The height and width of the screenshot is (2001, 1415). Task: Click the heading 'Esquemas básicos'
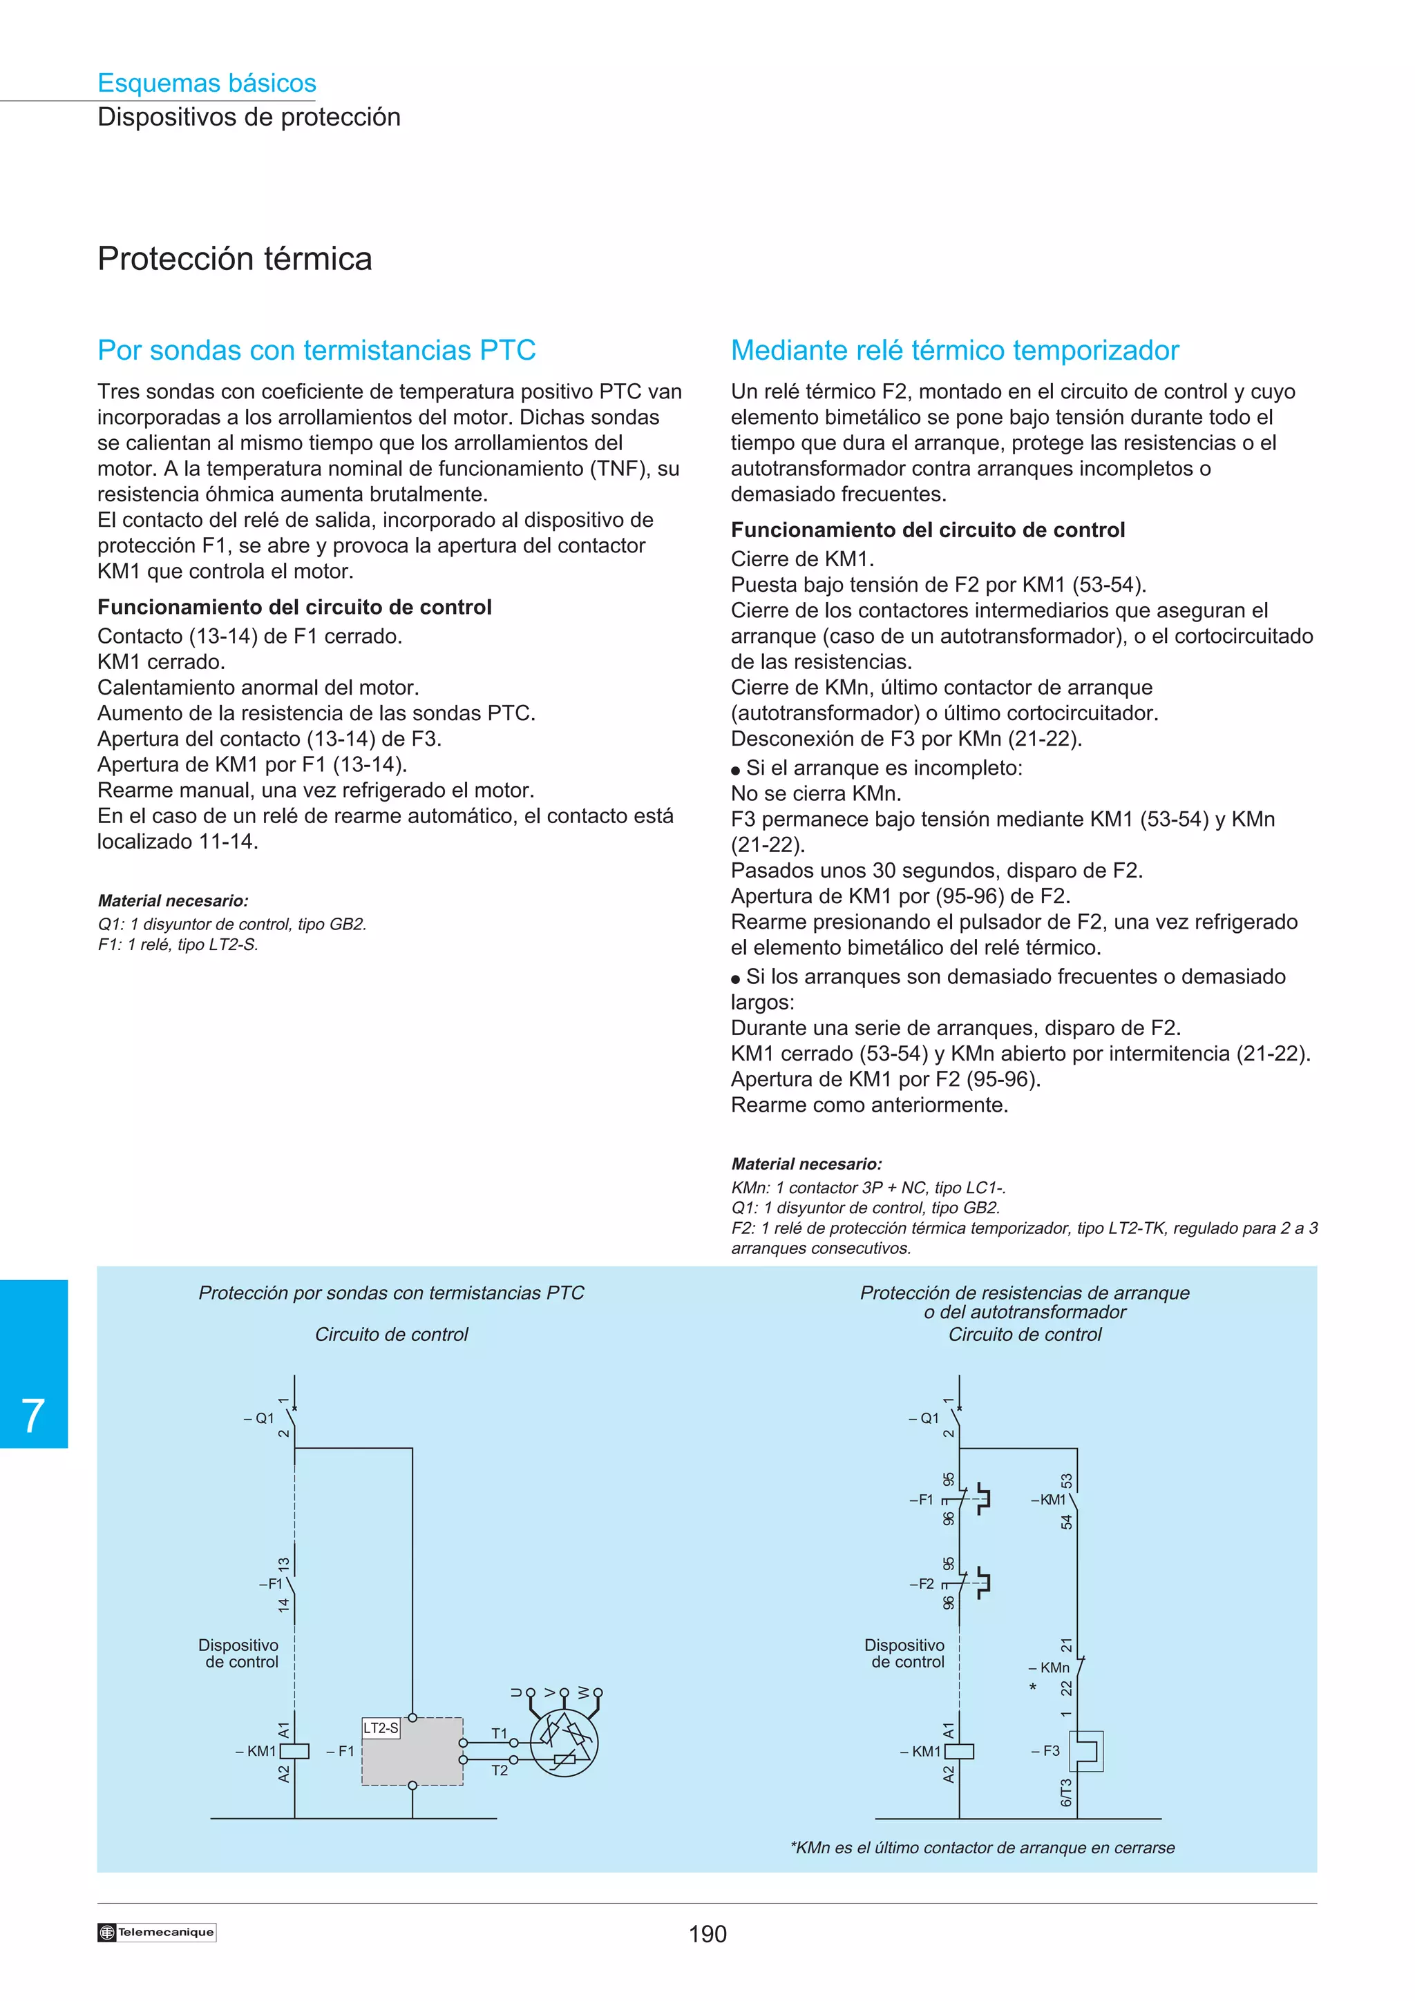tap(207, 83)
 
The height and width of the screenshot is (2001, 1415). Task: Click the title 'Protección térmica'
tap(234, 259)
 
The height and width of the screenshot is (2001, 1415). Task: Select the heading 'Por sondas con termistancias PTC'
tap(316, 350)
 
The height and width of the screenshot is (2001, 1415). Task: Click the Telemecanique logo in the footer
tap(157, 1932)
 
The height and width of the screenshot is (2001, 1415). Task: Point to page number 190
tap(707, 1934)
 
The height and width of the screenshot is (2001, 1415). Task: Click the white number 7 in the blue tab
tap(33, 1415)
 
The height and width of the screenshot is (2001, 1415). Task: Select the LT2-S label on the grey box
tap(381, 1728)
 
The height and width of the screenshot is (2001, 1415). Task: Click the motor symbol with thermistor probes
tap(564, 1743)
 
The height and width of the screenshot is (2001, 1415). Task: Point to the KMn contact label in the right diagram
tap(1054, 1667)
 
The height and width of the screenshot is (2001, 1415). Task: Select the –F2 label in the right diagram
tap(921, 1583)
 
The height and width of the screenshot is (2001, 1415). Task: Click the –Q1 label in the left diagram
tap(259, 1418)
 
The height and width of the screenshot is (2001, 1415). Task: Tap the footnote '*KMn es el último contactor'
tap(982, 1848)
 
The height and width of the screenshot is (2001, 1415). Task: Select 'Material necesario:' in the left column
tap(173, 901)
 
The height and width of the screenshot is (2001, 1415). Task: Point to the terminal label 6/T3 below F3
tap(1065, 1792)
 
